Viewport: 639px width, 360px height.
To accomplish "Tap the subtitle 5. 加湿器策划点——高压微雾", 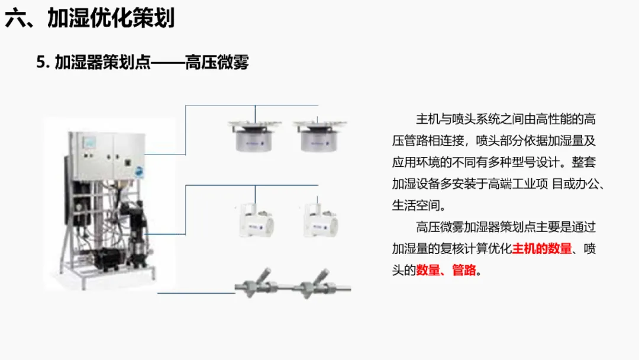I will [x=143, y=62].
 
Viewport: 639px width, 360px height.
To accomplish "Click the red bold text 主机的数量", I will [x=542, y=249].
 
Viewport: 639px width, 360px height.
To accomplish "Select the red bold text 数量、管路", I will [x=446, y=271].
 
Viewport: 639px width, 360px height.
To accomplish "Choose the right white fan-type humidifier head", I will [x=319, y=220].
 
